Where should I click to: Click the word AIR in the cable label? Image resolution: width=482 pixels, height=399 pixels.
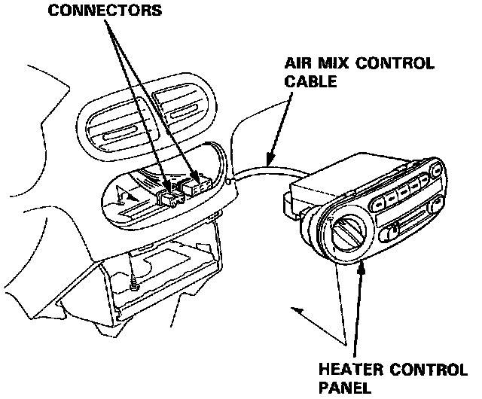[x=297, y=64]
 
